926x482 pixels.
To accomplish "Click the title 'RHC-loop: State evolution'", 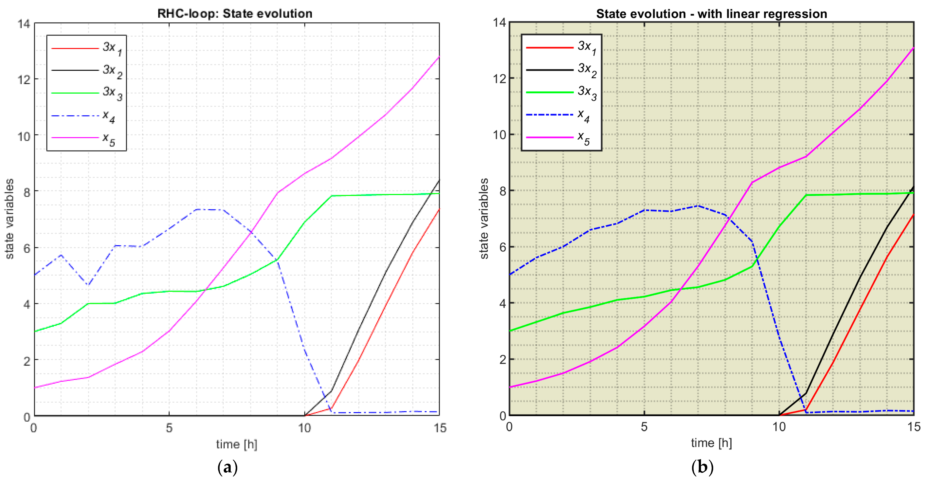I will click(235, 14).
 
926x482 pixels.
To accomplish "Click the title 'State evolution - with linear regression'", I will click(711, 14).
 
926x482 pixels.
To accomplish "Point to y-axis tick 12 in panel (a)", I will click(24, 79).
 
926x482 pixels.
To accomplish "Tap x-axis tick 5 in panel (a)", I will click(169, 428).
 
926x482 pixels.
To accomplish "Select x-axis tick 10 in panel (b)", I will click(779, 427).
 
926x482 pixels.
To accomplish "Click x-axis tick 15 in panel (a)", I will click(440, 428).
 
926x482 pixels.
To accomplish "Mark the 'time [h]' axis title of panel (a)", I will click(237, 444).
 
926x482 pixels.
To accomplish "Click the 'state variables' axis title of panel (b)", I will click(484, 218).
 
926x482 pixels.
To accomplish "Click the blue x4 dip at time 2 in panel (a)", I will click(88, 285).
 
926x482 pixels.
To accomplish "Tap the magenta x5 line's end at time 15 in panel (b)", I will click(913, 48).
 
